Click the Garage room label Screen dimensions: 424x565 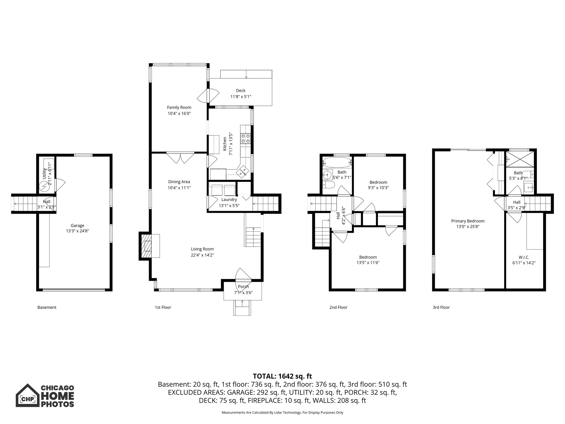pyautogui.click(x=77, y=226)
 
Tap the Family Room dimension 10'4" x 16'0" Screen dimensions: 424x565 pyautogui.click(x=179, y=113)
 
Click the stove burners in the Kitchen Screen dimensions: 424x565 pyautogui.click(x=245, y=138)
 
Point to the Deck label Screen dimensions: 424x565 pyautogui.click(x=241, y=91)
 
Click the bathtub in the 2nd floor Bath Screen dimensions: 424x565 pyautogui.click(x=337, y=162)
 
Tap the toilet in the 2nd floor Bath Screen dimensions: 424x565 pyautogui.click(x=327, y=185)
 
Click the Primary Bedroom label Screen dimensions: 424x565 pyautogui.click(x=468, y=221)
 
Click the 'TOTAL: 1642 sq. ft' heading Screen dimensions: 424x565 pyautogui.click(x=282, y=376)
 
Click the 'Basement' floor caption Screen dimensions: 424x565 pyautogui.click(x=47, y=307)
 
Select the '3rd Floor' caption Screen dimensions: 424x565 pyautogui.click(x=441, y=307)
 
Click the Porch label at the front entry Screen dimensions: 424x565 pyautogui.click(x=243, y=287)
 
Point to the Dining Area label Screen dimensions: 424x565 pyautogui.click(x=179, y=182)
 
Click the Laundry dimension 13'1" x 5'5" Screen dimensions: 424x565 pyautogui.click(x=229, y=205)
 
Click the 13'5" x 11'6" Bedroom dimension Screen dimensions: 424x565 pyautogui.click(x=368, y=263)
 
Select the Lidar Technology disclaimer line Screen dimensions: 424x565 pyautogui.click(x=282, y=413)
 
